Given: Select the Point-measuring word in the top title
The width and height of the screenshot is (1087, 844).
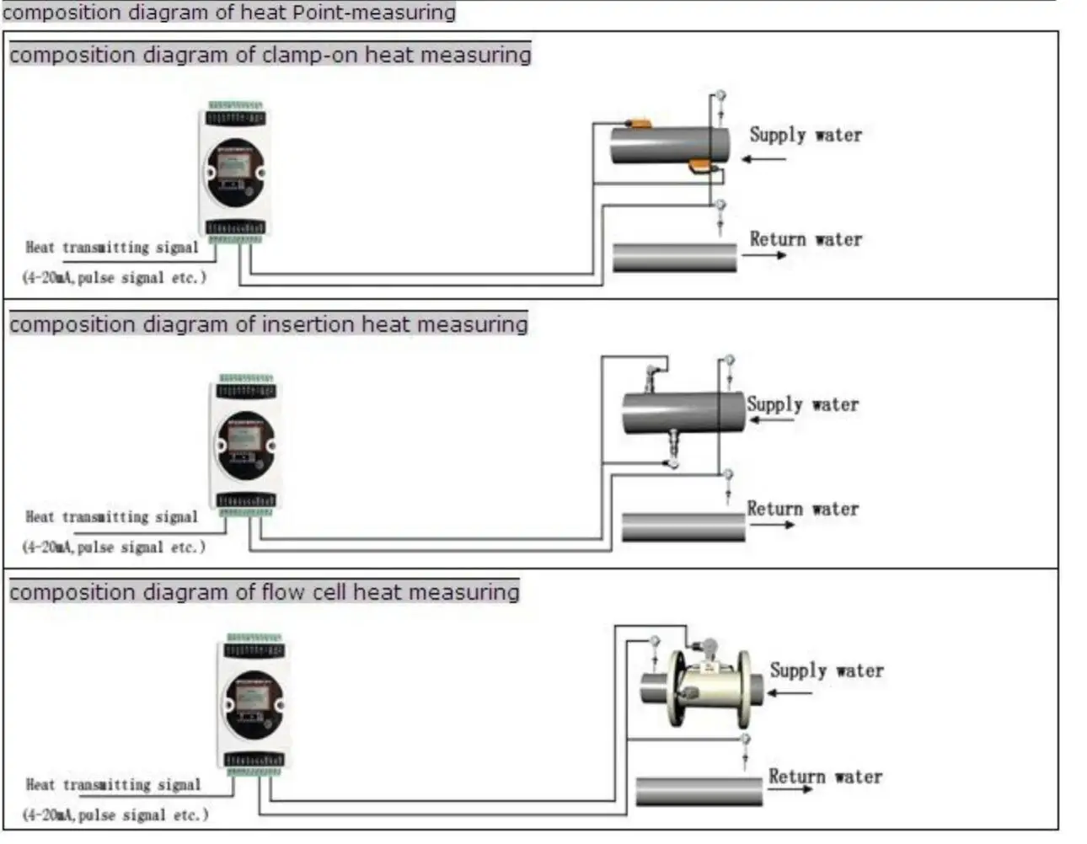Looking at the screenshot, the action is click(x=373, y=12).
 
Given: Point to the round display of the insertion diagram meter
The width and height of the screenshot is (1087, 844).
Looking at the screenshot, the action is click(x=245, y=446).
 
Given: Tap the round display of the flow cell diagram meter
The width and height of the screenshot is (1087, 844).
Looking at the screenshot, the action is click(x=254, y=705).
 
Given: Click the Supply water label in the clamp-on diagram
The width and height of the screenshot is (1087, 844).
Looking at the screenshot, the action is click(x=806, y=135).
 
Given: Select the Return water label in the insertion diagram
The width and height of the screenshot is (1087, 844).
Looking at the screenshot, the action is click(x=803, y=509).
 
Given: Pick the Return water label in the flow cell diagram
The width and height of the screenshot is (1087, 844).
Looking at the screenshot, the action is click(x=825, y=777).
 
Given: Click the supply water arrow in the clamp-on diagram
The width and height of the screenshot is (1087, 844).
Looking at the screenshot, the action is click(x=764, y=159).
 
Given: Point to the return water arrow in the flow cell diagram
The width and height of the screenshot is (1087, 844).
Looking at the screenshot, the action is click(x=790, y=789).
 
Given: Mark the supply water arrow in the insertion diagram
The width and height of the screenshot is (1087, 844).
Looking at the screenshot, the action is click(x=773, y=420).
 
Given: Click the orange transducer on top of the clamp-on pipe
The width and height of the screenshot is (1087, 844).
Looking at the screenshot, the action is click(x=639, y=122).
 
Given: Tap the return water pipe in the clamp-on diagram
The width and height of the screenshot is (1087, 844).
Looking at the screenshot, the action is click(x=675, y=258).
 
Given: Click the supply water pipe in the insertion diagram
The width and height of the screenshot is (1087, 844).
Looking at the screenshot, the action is click(x=683, y=413).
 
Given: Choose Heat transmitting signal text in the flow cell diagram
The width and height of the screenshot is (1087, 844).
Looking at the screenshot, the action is click(x=113, y=784).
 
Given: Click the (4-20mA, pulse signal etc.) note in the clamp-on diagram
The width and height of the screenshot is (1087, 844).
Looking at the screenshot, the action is click(x=114, y=277).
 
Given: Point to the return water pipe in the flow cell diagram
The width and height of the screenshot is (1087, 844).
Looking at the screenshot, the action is click(x=699, y=791).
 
